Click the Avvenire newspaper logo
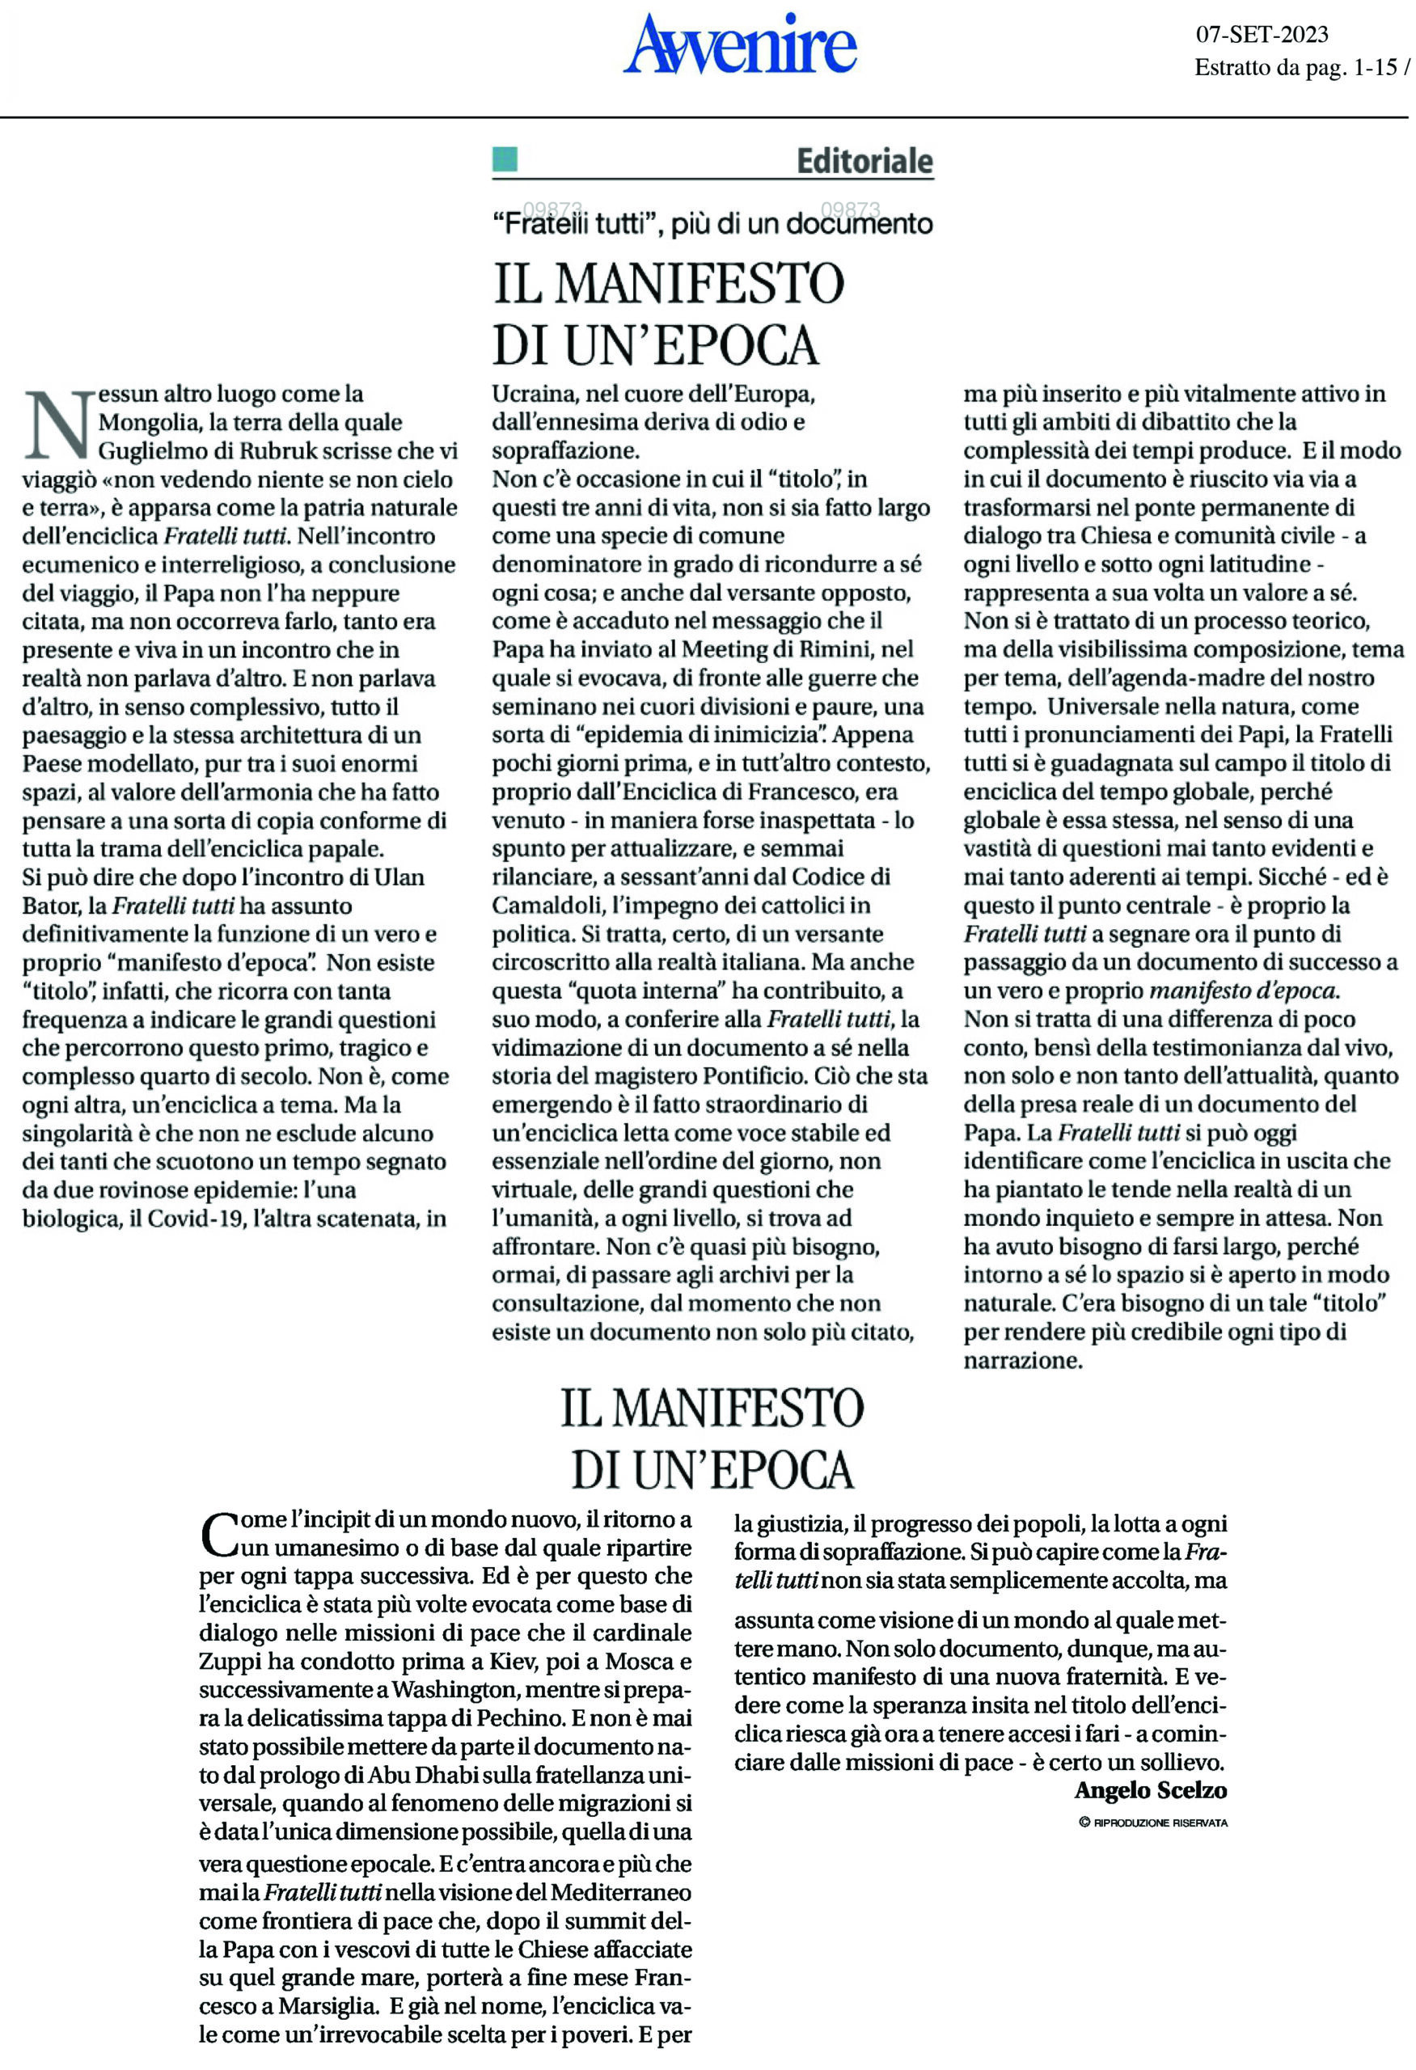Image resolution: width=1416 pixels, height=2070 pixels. [740, 44]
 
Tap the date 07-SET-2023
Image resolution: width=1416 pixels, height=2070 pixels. [1261, 35]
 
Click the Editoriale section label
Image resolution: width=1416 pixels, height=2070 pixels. [864, 161]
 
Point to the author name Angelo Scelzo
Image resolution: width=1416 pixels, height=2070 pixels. [1150, 1789]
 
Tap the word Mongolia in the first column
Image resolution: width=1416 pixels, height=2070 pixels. [149, 422]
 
